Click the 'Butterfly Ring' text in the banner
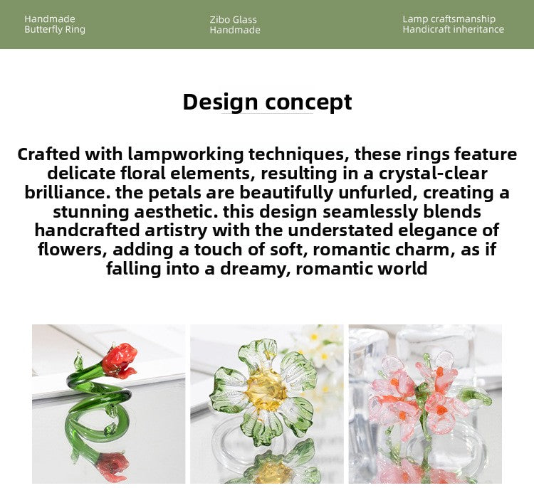tap(55, 30)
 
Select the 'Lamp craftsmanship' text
tap(449, 19)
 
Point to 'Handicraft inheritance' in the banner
tap(453, 30)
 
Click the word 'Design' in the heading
tap(220, 102)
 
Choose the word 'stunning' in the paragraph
tap(90, 211)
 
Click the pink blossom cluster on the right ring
tap(420, 391)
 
